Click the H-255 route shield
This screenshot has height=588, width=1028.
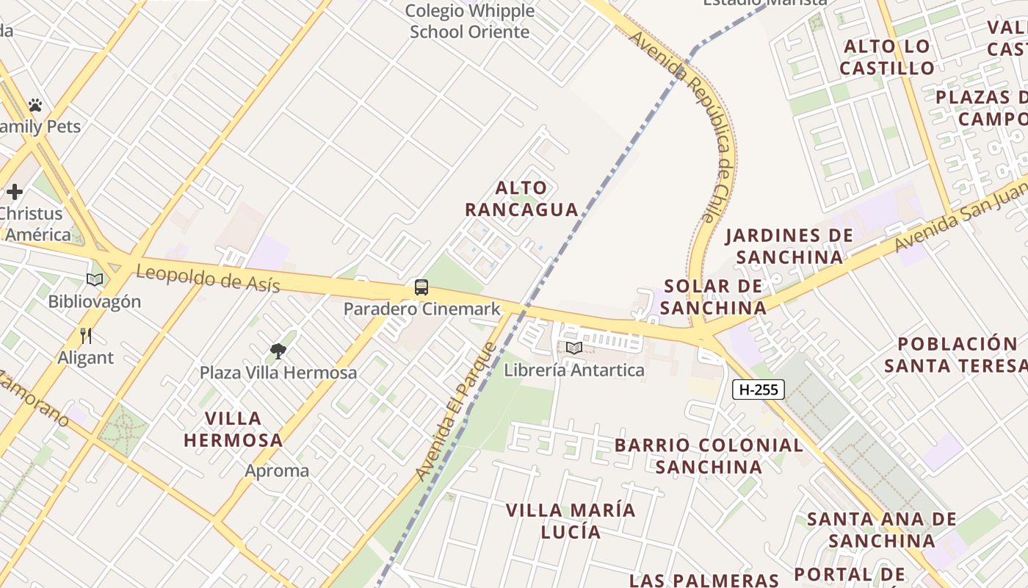click(758, 390)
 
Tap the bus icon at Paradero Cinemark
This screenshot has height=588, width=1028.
click(421, 287)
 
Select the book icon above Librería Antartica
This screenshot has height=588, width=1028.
click(574, 348)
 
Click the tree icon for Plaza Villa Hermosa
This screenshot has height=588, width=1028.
click(278, 351)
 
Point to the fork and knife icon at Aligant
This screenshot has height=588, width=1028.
click(86, 336)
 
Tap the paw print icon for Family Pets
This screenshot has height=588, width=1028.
click(35, 105)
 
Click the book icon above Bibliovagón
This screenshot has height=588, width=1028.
click(94, 279)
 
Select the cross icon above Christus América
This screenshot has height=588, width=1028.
click(15, 193)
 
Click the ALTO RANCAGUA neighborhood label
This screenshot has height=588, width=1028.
click(521, 198)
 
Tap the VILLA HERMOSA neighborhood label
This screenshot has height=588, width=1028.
click(233, 429)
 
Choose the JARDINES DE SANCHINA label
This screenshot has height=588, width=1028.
click(789, 246)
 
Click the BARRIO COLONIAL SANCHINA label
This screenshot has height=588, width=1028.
click(709, 456)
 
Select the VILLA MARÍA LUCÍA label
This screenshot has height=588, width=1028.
click(571, 520)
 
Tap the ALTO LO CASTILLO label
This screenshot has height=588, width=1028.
click(887, 57)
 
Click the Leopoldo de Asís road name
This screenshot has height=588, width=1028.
click(208, 279)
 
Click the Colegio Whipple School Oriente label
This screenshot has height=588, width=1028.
click(469, 21)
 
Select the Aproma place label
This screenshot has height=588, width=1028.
click(277, 470)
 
